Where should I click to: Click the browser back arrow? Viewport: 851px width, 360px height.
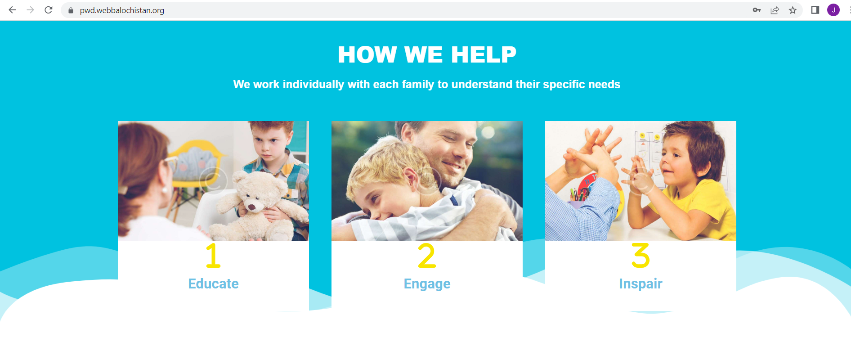coord(12,10)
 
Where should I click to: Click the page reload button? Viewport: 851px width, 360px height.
coord(49,10)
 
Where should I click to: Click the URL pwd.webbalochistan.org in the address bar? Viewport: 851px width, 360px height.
coord(122,10)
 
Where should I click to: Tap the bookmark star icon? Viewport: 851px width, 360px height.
coord(793,10)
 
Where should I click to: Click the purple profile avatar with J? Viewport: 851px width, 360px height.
coord(833,10)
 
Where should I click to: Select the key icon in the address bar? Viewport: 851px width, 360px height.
coord(757,10)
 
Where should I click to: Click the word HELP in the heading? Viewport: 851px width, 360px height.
coord(484,55)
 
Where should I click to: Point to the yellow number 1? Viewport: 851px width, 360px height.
coord(213,256)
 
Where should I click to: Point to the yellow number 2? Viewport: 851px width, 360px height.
coord(427,256)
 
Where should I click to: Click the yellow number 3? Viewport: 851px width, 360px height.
coord(640,256)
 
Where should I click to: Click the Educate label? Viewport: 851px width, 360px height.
coord(213,283)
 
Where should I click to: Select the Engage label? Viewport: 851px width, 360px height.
coord(427,284)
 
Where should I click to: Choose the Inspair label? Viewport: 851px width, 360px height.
coord(640,284)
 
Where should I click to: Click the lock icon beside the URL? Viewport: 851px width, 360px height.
coord(71,10)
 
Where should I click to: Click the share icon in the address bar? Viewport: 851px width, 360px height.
coord(775,10)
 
